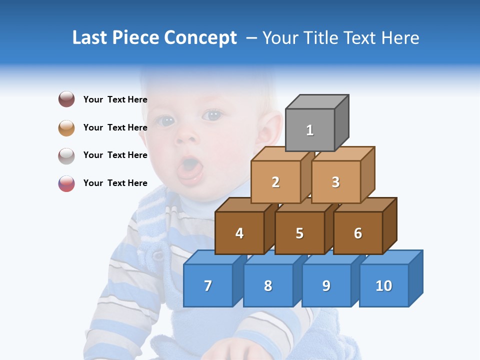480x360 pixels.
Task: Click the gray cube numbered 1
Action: [x=310, y=130]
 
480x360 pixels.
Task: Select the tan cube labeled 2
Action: [x=275, y=182]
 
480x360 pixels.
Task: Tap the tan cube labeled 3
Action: [x=335, y=182]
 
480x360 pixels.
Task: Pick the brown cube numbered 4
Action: [x=239, y=233]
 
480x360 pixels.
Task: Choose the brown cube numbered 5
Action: [x=299, y=233]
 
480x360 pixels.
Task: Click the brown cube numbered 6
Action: [x=358, y=233]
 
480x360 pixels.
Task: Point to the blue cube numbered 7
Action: [x=208, y=285]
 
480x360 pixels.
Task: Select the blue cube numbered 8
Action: [x=268, y=285]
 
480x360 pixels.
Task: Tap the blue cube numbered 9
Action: [x=326, y=285]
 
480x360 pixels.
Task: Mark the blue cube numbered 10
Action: [x=383, y=285]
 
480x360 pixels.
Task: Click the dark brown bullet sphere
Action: [x=66, y=99]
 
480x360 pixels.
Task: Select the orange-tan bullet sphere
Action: [x=66, y=127]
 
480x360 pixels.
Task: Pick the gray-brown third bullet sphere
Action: [x=66, y=155]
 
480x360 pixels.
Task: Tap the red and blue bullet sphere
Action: [x=66, y=183]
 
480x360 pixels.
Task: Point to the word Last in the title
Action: [x=90, y=38]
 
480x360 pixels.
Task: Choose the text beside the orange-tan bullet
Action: [x=115, y=127]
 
